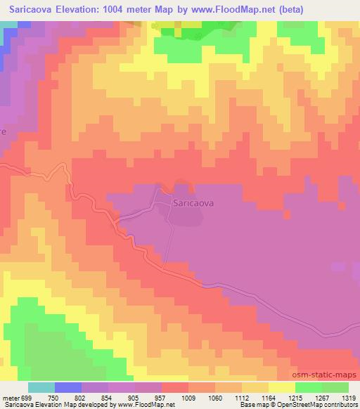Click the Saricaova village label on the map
pyautogui.click(x=193, y=203)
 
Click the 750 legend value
pyautogui.click(x=53, y=397)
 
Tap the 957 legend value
pyautogui.click(x=160, y=397)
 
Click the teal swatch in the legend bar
pyautogui.click(x=41, y=387)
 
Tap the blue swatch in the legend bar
pyautogui.click(x=67, y=387)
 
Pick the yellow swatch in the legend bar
pyautogui.click(x=281, y=387)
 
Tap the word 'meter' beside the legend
pyautogui.click(x=10, y=397)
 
